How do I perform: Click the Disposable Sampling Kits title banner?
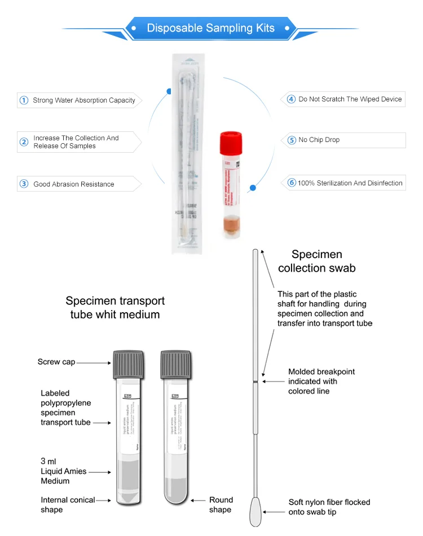(x=211, y=28)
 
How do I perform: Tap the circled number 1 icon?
(x=24, y=100)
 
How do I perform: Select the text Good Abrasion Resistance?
(x=73, y=184)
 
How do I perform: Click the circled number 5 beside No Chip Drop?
(x=292, y=140)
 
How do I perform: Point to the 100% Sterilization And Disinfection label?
(x=350, y=183)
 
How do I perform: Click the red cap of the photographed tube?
(x=231, y=143)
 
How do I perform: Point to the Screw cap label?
(x=56, y=362)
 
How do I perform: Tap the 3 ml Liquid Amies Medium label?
(x=63, y=471)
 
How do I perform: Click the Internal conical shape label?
(x=68, y=504)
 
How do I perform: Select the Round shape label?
(x=221, y=504)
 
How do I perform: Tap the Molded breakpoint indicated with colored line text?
(x=321, y=382)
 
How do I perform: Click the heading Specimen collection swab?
(x=317, y=261)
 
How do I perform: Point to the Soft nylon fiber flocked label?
(x=329, y=507)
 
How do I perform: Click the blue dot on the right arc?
(x=253, y=188)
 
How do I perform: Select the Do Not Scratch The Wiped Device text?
(x=350, y=99)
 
